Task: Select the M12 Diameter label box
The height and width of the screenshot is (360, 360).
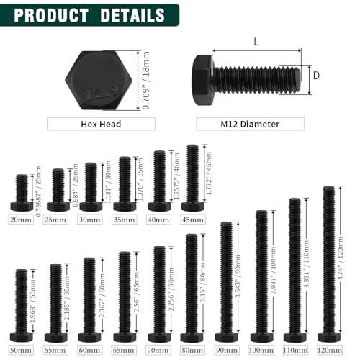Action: [249, 125]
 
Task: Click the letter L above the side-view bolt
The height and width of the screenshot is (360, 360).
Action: [255, 42]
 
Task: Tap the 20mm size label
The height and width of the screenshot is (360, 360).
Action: [22, 220]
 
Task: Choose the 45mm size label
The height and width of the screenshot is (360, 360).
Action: [193, 220]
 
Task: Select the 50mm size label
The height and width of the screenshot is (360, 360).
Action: [22, 350]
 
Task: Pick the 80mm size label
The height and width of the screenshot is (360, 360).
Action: [192, 350]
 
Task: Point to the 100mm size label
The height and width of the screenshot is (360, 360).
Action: [261, 350]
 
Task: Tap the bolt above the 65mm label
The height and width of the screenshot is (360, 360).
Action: [125, 296]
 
